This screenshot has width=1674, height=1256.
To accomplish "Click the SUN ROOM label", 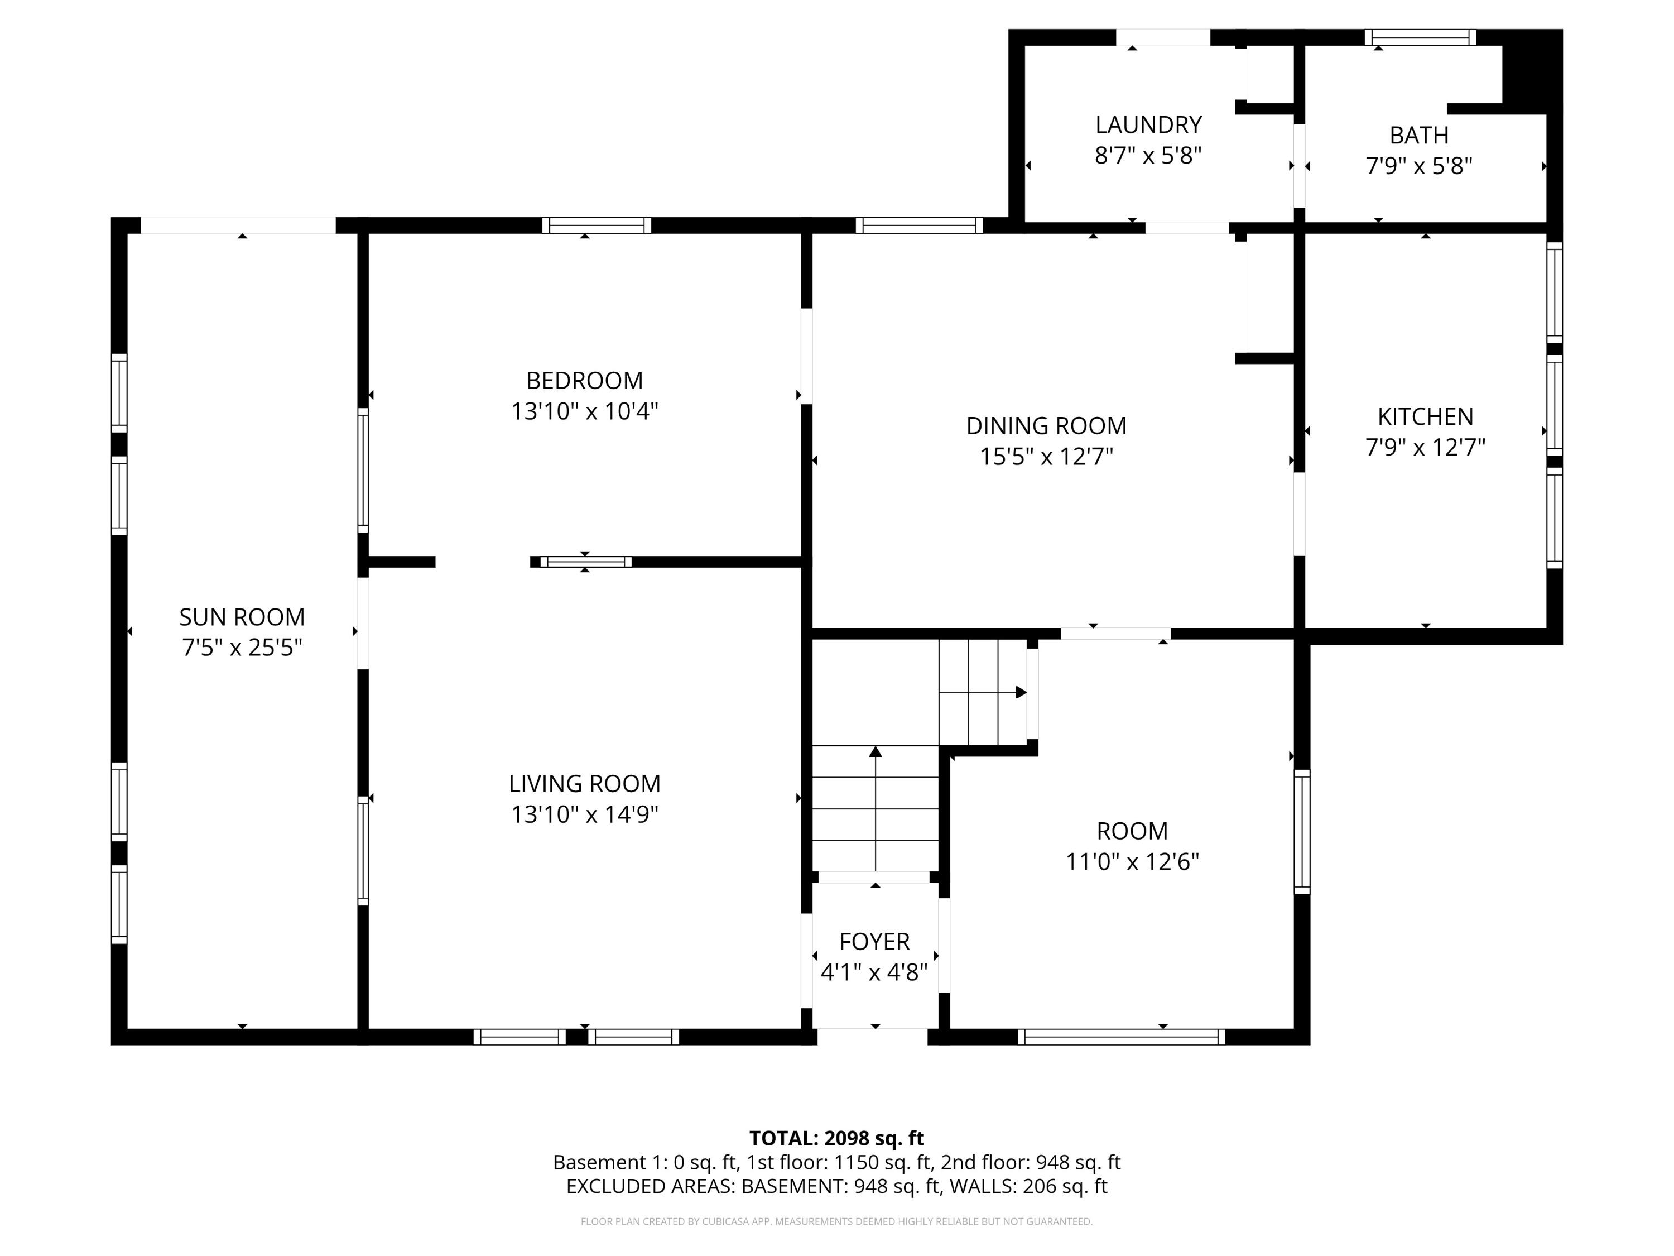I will tap(242, 617).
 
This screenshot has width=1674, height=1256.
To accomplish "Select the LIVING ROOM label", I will tap(584, 784).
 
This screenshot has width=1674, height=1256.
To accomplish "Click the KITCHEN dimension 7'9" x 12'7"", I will tap(1425, 448).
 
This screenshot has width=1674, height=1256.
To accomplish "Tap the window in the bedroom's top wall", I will tap(597, 225).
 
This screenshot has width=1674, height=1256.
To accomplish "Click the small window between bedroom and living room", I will tap(585, 562).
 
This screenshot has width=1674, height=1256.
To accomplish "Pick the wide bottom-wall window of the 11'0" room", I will tap(1121, 1037).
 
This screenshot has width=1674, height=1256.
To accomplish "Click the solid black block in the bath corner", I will tap(1531, 72).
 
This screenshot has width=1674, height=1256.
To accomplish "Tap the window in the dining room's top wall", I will tap(918, 225).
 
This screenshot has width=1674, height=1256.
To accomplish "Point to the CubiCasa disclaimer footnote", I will tap(836, 1221).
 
